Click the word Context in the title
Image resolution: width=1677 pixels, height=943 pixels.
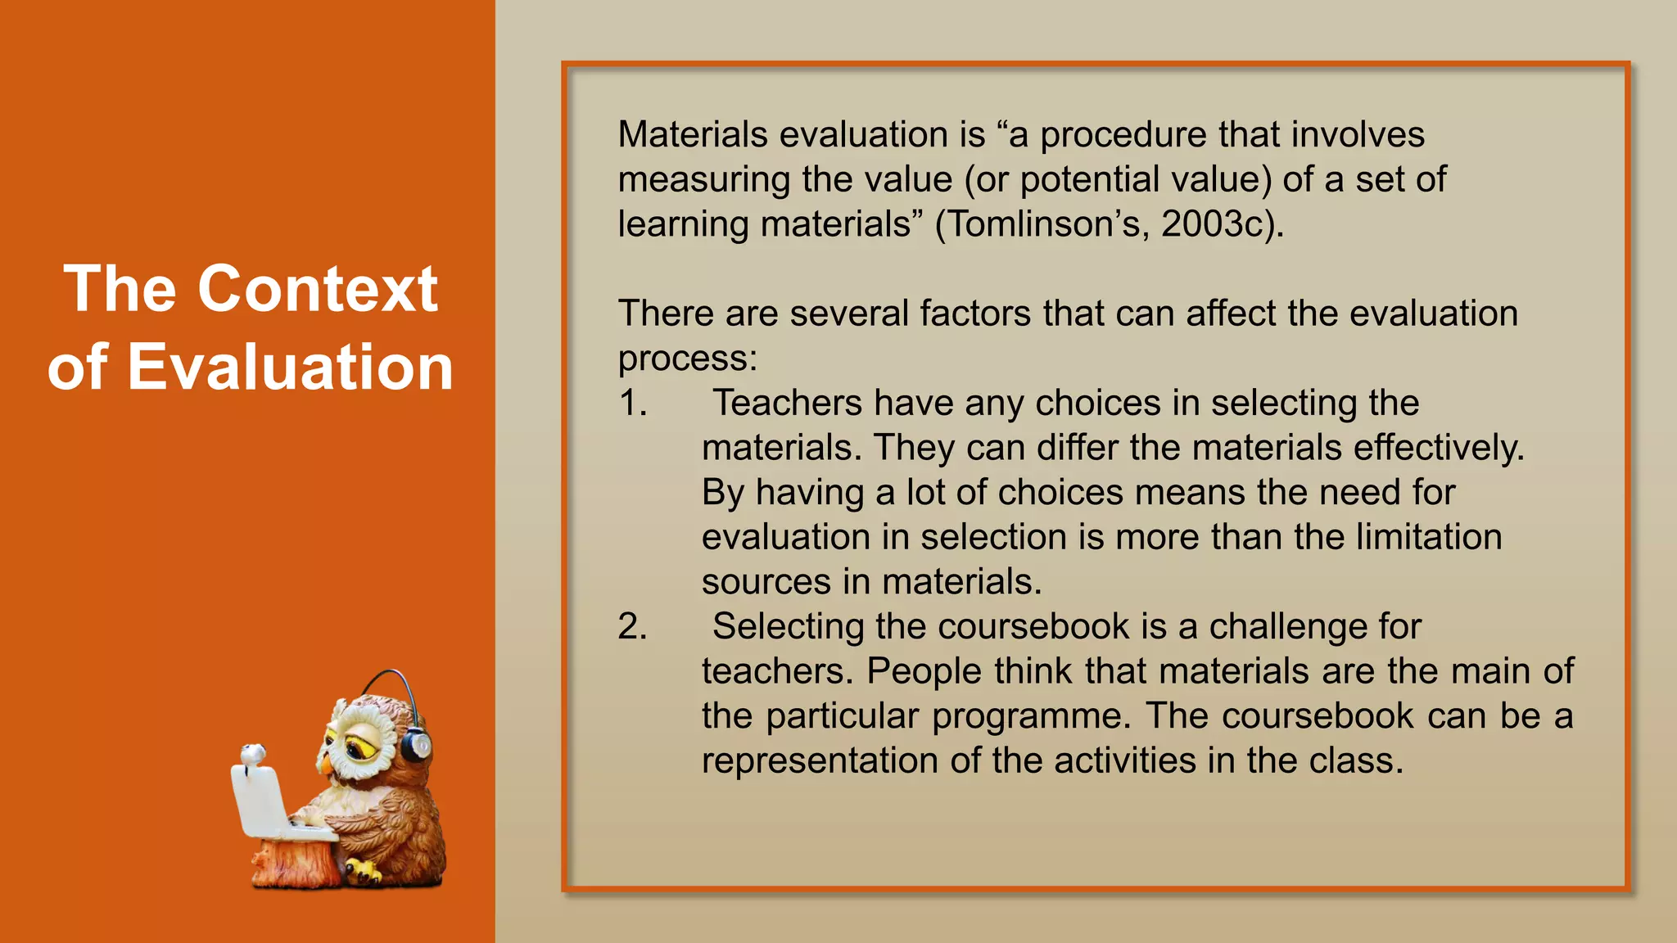(318, 289)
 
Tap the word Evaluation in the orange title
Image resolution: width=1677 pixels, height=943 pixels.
(290, 367)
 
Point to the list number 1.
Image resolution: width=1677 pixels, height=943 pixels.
(631, 403)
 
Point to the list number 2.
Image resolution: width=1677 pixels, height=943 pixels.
(631, 626)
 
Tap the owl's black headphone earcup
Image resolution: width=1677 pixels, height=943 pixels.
(415, 745)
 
